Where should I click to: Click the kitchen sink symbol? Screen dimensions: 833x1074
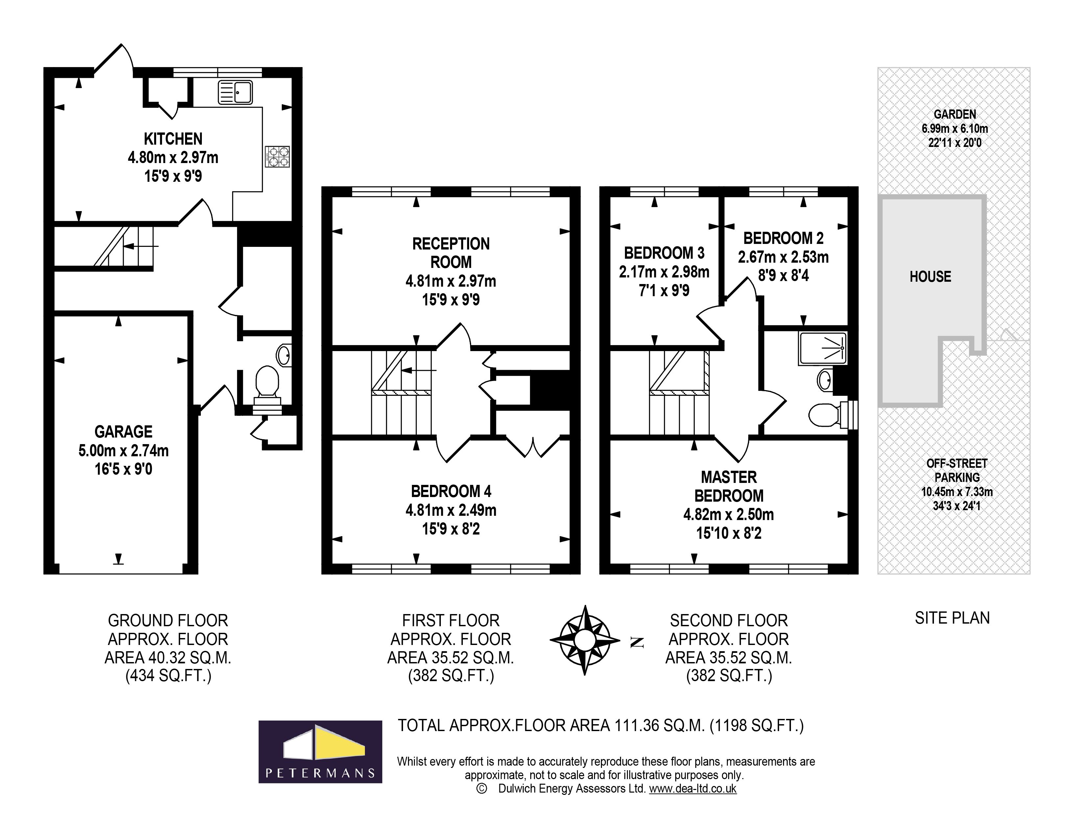pyautogui.click(x=235, y=92)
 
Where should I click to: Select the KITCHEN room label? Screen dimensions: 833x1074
pyautogui.click(x=173, y=139)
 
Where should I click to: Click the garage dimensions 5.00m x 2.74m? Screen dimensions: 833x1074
pyautogui.click(x=123, y=450)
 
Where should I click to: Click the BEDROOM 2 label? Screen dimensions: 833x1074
pyautogui.click(x=783, y=238)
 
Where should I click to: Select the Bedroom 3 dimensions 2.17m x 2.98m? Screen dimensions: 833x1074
pyautogui.click(x=664, y=272)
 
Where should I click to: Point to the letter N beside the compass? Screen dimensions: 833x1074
pyautogui.click(x=637, y=642)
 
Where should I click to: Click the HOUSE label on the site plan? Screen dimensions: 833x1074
pyautogui.click(x=930, y=277)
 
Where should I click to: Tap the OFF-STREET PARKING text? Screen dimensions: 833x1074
pyautogui.click(x=956, y=471)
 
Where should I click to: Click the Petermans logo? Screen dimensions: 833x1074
pyautogui.click(x=320, y=751)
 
